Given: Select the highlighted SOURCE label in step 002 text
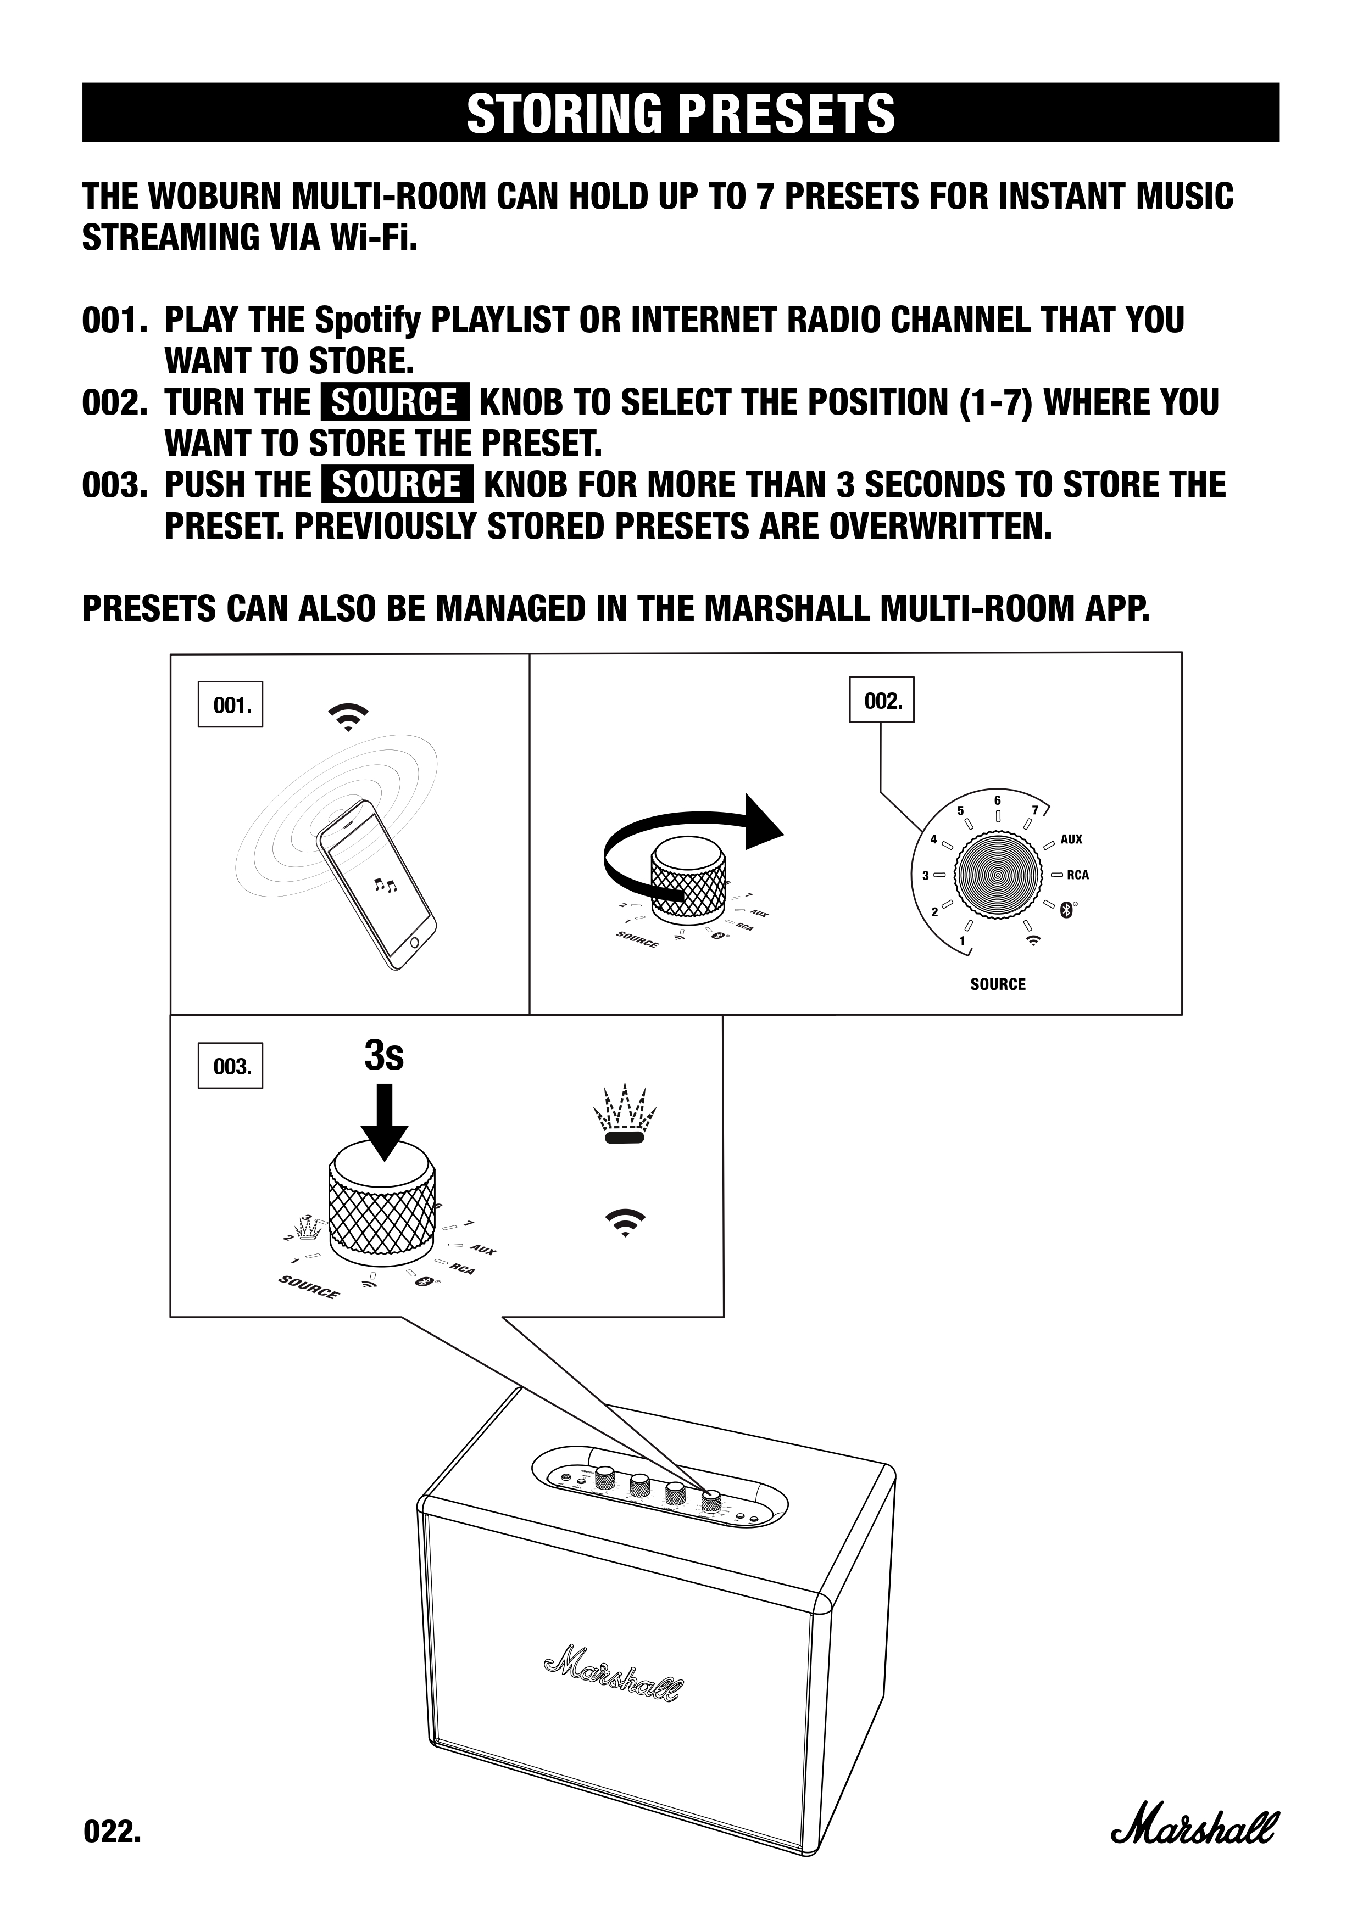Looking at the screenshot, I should click(394, 402).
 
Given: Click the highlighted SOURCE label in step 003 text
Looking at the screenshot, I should click(397, 484).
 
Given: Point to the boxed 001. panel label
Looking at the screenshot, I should click(231, 704).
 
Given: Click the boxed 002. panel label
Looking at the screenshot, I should click(883, 701).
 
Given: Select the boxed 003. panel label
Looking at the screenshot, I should click(231, 1066).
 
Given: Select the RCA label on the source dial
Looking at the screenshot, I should click(1078, 875).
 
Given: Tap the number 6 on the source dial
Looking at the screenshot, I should click(998, 801).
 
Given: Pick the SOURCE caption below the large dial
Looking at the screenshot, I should click(998, 984).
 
